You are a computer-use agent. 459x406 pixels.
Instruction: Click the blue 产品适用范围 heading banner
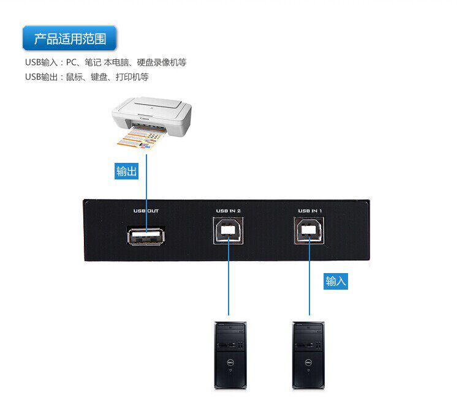click(x=70, y=39)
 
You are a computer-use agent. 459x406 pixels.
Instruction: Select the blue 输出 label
click(x=126, y=171)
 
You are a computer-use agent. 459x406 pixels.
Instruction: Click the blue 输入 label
click(x=336, y=281)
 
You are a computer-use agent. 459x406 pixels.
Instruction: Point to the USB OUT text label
click(x=146, y=211)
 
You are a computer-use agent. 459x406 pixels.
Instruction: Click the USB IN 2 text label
click(x=228, y=211)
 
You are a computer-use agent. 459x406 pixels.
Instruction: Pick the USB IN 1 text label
click(x=310, y=211)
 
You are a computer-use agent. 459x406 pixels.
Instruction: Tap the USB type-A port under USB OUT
click(x=146, y=236)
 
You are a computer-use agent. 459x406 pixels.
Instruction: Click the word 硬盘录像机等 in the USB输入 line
click(x=163, y=62)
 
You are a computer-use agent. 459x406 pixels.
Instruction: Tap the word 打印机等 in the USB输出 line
click(x=136, y=77)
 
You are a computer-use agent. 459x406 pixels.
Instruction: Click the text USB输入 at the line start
click(x=40, y=62)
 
